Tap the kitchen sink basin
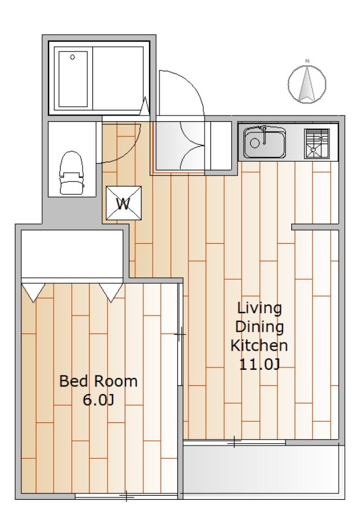265,143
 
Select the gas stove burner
317,144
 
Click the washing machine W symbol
124,203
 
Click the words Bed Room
98,381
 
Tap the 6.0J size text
98,400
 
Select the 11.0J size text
259,365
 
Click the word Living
259,309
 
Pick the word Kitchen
259,346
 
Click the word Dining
259,327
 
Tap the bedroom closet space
72,254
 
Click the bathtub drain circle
72,57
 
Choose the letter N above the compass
307,61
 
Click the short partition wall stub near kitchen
315,227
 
